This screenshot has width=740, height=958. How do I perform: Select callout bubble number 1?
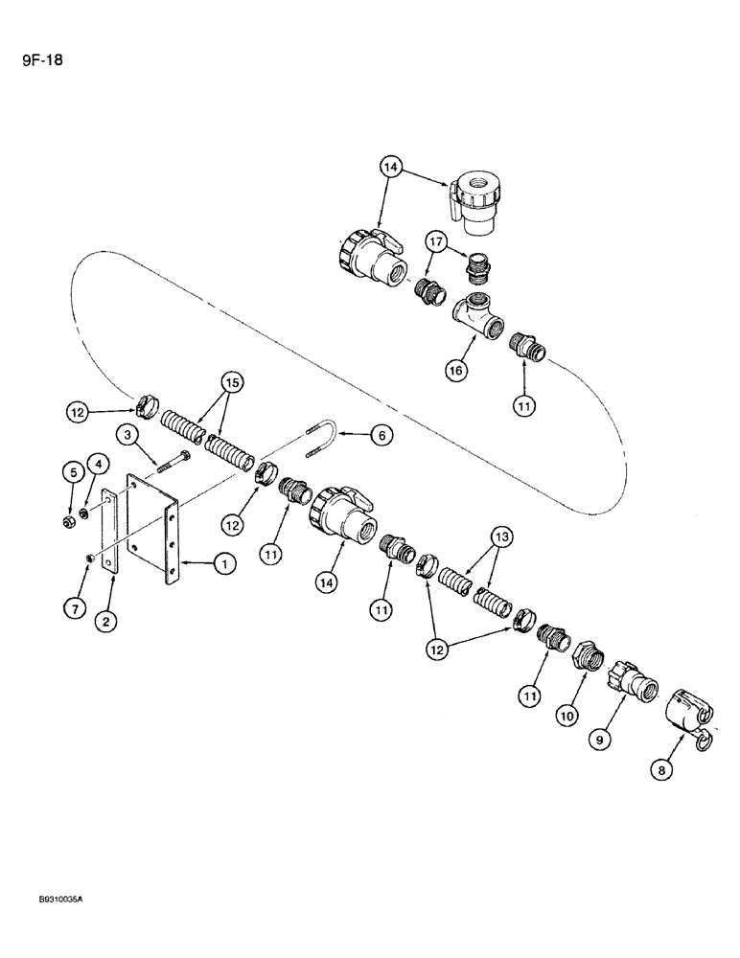coord(223,565)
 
